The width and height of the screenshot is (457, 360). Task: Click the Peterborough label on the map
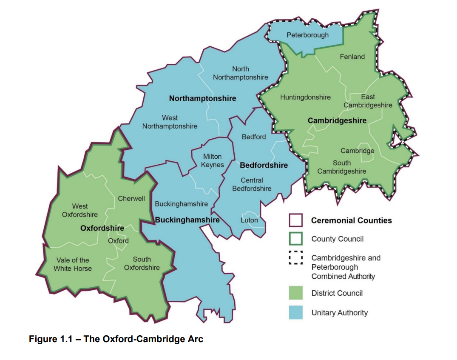pos(307,35)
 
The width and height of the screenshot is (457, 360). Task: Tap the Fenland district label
pos(352,57)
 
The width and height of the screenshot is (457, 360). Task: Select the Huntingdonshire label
pos(305,97)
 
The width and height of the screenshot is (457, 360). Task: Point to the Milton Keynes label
pos(212,160)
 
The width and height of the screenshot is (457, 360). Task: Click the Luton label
pos(249,220)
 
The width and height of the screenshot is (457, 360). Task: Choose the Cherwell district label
pos(131,199)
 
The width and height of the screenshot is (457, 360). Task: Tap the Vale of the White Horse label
pos(73,264)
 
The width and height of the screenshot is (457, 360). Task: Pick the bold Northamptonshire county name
pos(202,98)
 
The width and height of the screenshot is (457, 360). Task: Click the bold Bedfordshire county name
pos(264,165)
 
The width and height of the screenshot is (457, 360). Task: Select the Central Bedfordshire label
pos(252,184)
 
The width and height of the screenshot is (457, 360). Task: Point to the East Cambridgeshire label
pos(368,101)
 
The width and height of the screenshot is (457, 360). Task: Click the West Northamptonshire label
pos(170,122)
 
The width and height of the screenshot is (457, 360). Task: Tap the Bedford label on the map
pos(254,137)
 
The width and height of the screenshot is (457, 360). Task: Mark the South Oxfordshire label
pos(142,263)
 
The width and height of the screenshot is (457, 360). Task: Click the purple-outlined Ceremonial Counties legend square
pos(296,220)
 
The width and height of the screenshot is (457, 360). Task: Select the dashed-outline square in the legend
pos(296,258)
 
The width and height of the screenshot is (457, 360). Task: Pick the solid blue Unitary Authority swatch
pos(296,312)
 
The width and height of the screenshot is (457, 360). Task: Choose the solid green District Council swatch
pos(296,293)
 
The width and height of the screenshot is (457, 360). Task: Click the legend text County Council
pos(337,239)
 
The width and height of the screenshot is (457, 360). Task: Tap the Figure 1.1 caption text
pos(116,339)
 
